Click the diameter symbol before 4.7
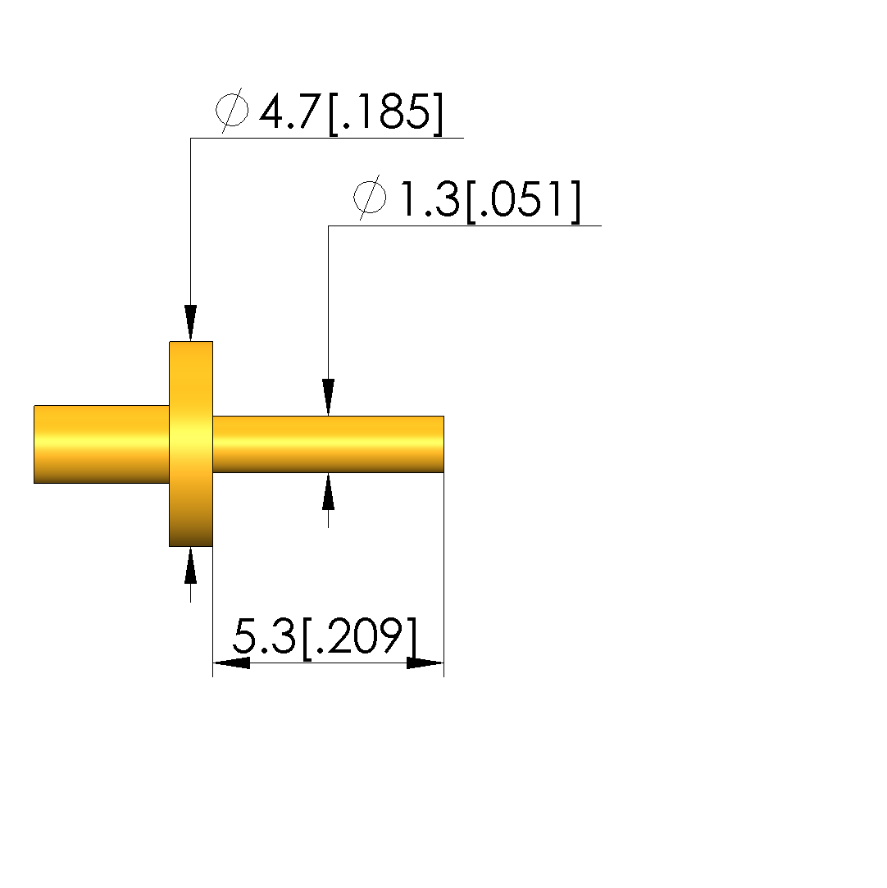click(x=231, y=111)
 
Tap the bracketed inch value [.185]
click(x=385, y=112)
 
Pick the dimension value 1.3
click(x=430, y=198)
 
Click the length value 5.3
click(x=264, y=635)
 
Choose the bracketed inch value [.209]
click(x=360, y=637)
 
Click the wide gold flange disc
click(x=191, y=444)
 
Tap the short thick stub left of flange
click(x=102, y=444)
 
